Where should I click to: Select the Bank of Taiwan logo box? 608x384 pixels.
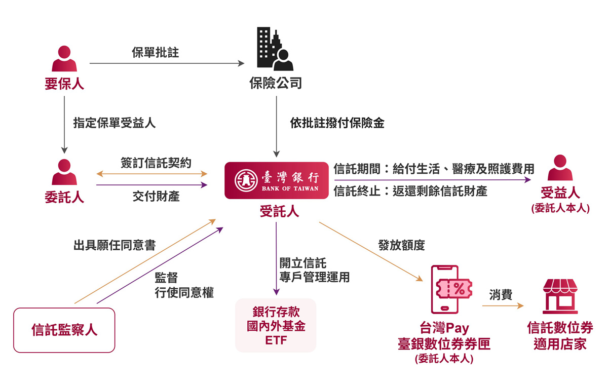pos(277,181)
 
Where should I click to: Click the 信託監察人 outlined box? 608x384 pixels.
pos(64,330)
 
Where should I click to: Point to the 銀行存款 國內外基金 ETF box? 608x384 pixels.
pos(276,325)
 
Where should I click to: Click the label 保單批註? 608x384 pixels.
pos(155,52)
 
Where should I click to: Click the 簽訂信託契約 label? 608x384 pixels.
pos(156,162)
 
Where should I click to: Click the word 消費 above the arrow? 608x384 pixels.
pos(501,294)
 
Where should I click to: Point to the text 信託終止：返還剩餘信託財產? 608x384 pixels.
pos(410,191)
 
